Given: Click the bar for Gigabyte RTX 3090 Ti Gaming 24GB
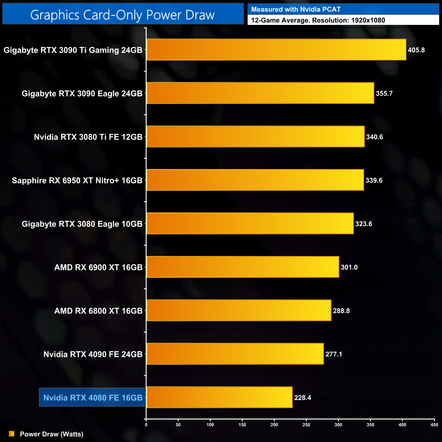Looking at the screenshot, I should pyautogui.click(x=276, y=50).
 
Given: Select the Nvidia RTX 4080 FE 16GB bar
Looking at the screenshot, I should pyautogui.click(x=219, y=397).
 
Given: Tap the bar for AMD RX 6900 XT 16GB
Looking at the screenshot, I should pyautogui.click(x=243, y=267).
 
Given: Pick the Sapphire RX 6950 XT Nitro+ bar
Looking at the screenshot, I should pyautogui.click(x=255, y=180).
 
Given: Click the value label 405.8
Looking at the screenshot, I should pyautogui.click(x=416, y=50).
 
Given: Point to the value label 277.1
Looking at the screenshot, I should pyautogui.click(x=334, y=354).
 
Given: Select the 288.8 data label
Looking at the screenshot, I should pyautogui.click(x=341, y=311).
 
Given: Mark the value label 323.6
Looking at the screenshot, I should pyautogui.click(x=363, y=224).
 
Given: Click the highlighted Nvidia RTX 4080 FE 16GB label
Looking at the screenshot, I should pyautogui.click(x=93, y=397).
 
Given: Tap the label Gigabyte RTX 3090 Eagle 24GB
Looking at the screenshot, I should pyautogui.click(x=82, y=93).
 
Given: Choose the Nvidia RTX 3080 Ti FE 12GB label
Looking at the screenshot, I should pyautogui.click(x=88, y=137).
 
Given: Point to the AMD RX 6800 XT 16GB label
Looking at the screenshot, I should pyautogui.click(x=98, y=311).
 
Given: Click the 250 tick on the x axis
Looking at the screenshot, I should pyautogui.click(x=306, y=425).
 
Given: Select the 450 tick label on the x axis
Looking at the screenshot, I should pyautogui.click(x=434, y=425).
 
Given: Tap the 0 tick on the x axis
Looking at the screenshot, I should pyautogui.click(x=146, y=425).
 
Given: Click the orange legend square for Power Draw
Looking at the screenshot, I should pyautogui.click(x=12, y=434).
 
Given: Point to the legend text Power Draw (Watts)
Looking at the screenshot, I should pyautogui.click(x=51, y=434).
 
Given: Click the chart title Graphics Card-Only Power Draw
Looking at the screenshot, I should pyautogui.click(x=122, y=15).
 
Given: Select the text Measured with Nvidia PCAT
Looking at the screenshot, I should pyautogui.click(x=295, y=10).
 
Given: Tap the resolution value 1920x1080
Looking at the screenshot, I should pyautogui.click(x=368, y=20).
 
